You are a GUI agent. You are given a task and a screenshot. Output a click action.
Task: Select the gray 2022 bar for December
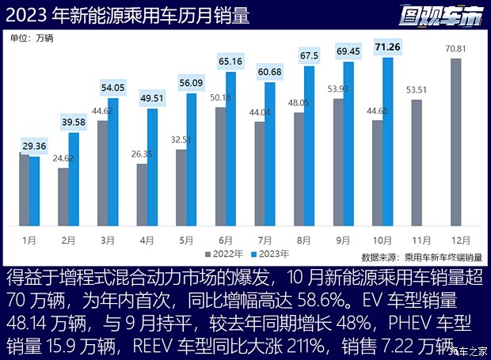click(x=455, y=142)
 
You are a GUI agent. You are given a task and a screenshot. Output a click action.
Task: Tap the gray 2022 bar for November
click(x=417, y=162)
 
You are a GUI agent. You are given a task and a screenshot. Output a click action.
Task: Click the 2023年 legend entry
click(x=270, y=254)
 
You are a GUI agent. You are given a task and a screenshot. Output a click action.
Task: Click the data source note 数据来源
click(x=420, y=257)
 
